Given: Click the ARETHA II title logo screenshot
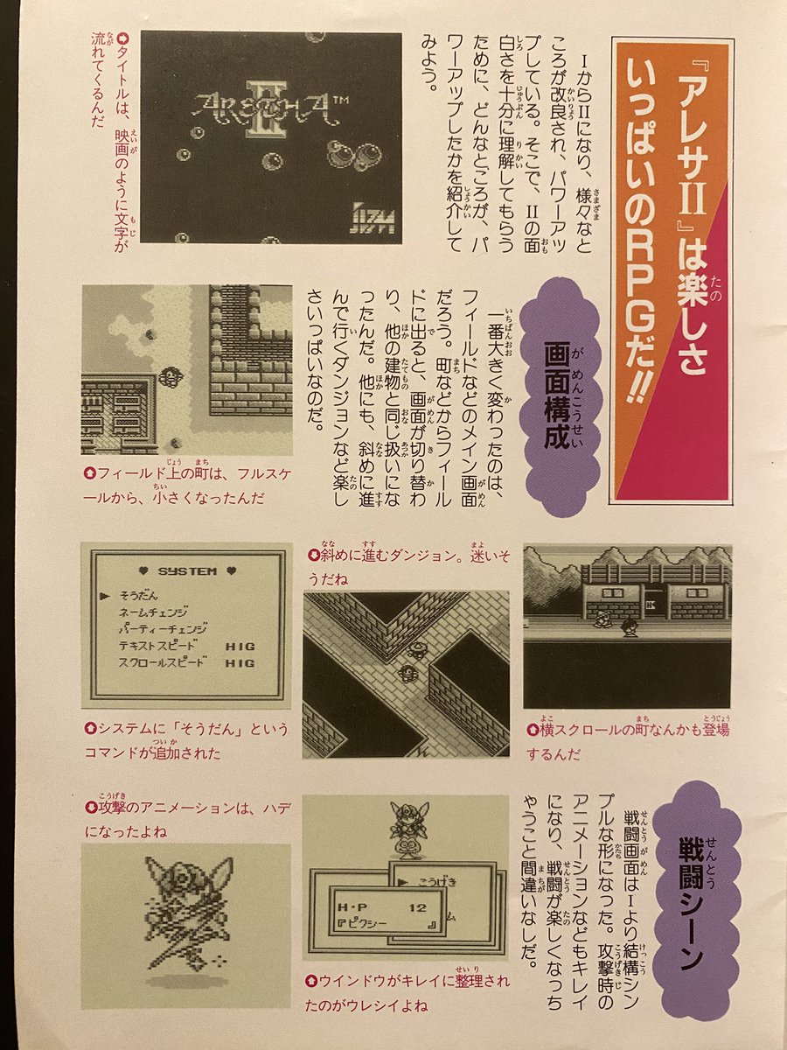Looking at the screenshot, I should (x=271, y=137).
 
